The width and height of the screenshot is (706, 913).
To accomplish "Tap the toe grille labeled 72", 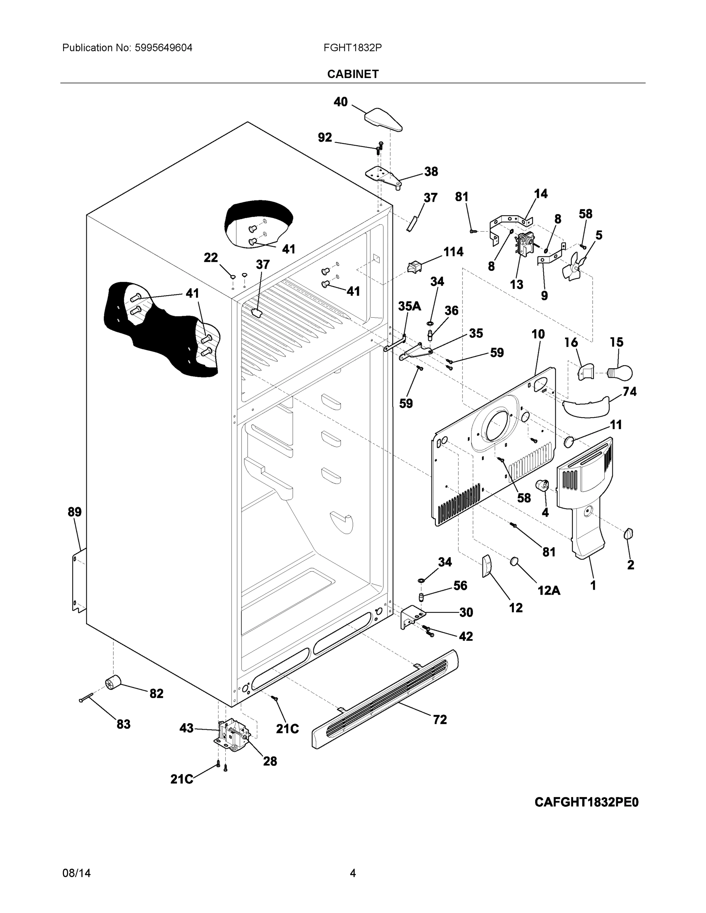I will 385,698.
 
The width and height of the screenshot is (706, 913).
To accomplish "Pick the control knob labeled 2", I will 628,534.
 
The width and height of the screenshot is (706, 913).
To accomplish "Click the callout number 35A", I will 409,306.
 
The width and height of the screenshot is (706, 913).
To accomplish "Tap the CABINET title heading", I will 352,74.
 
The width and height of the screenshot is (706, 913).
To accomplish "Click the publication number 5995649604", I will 163,48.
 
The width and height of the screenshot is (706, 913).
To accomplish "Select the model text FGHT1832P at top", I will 352,48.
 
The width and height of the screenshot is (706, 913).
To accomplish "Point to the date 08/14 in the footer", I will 76,872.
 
